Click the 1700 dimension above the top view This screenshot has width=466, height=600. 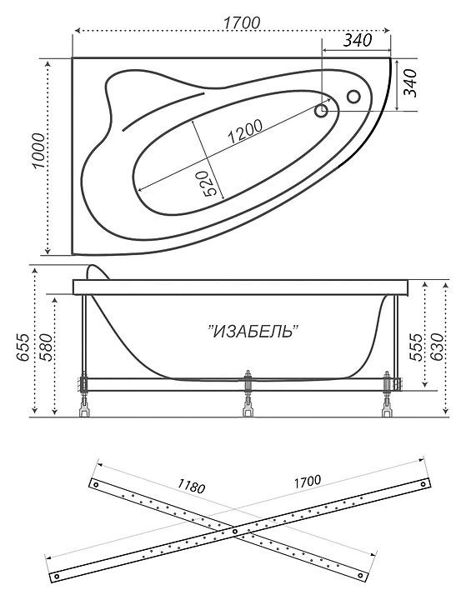pyautogui.click(x=241, y=23)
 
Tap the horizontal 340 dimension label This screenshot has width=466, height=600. pyautogui.click(x=357, y=40)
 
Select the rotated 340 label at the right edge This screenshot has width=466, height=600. pyautogui.click(x=409, y=82)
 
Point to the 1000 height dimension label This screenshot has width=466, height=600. pyautogui.click(x=38, y=151)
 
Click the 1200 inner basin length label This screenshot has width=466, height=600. pyautogui.click(x=245, y=131)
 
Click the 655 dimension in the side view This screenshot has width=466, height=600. pyautogui.click(x=23, y=347)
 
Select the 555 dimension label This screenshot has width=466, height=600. pyautogui.click(x=415, y=347)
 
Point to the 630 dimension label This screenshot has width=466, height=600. pyautogui.click(x=437, y=347)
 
